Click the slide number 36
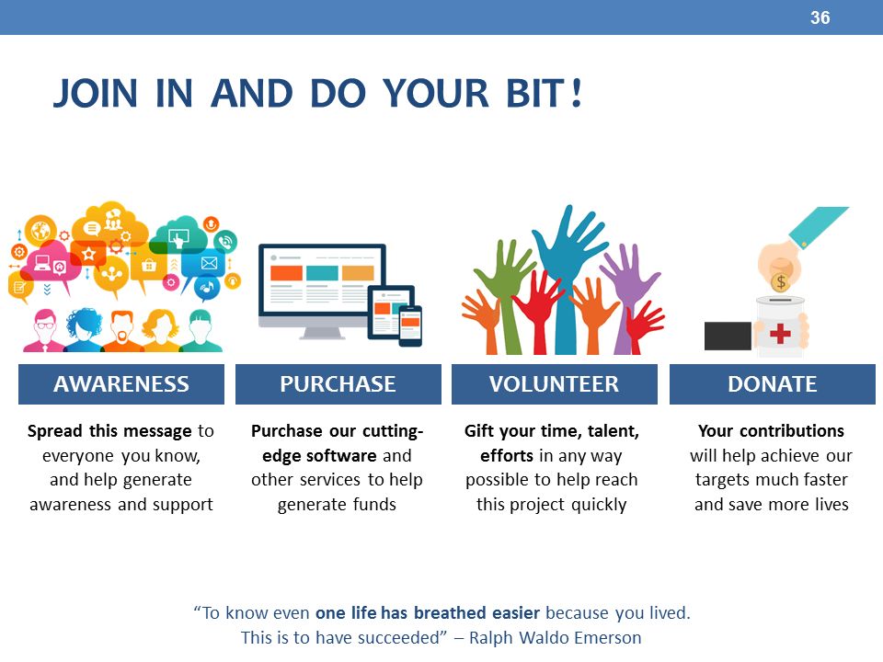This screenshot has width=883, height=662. pyautogui.click(x=820, y=17)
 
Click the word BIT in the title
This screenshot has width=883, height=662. pyautogui.click(x=535, y=93)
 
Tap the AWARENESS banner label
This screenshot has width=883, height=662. pyautogui.click(x=121, y=384)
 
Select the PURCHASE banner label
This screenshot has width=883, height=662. pyautogui.click(x=338, y=384)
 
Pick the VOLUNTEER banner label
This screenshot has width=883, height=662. pyautogui.click(x=554, y=384)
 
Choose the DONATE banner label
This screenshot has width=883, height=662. pyautogui.click(x=772, y=384)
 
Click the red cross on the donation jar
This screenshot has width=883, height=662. pyautogui.click(x=780, y=333)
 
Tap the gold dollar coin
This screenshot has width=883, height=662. pyautogui.click(x=781, y=281)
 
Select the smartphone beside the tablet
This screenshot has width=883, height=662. pyautogui.click(x=410, y=325)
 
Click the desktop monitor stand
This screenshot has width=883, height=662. pyautogui.click(x=322, y=333)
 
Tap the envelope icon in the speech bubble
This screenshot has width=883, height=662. pyautogui.click(x=209, y=263)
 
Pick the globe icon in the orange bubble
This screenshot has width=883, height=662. pyautogui.click(x=40, y=230)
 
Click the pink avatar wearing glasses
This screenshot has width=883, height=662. pyautogui.click(x=44, y=330)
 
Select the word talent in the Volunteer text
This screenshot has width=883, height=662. pyautogui.click(x=614, y=431)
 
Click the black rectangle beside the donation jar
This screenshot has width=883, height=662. pyautogui.click(x=728, y=336)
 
